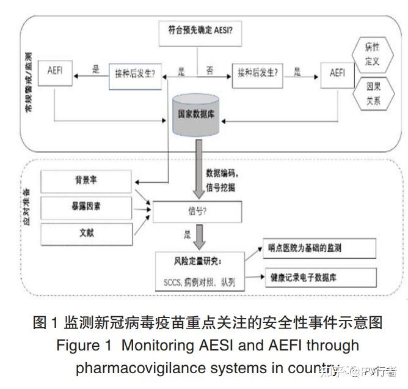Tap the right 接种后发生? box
(x=258, y=73)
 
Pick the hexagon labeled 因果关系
(x=373, y=94)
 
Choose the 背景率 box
(x=86, y=181)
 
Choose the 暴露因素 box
(x=86, y=207)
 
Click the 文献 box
(x=86, y=233)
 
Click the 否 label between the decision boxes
(x=209, y=71)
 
